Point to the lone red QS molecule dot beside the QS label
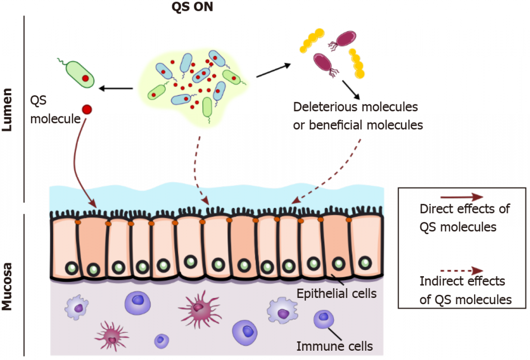[x=86, y=109]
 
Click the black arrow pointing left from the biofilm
[x=116, y=88]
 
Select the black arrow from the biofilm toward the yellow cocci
[x=270, y=71]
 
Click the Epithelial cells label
[x=336, y=294]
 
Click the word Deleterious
[x=321, y=108]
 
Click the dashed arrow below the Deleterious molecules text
[x=331, y=171]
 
